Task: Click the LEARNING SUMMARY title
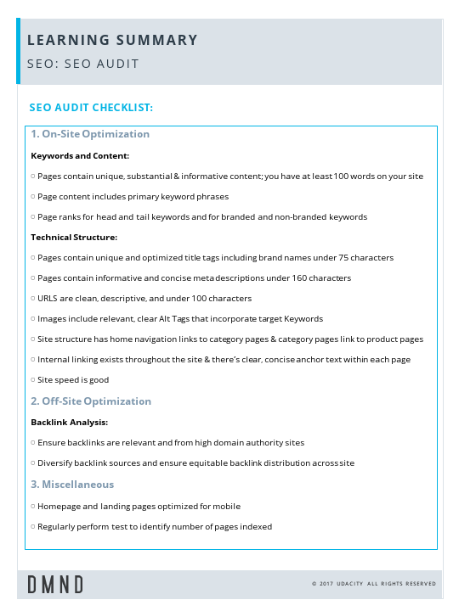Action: coord(112,40)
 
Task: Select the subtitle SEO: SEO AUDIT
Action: coord(82,64)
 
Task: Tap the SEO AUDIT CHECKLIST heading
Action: coord(91,108)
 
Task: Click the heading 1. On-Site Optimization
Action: coord(90,134)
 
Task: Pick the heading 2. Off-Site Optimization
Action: coord(91,401)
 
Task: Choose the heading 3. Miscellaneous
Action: coord(72,485)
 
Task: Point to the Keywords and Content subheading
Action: coord(80,156)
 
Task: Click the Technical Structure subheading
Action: coord(74,238)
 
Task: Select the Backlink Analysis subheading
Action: coord(70,422)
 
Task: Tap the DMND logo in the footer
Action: coord(55,584)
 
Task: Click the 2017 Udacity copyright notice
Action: coord(373,584)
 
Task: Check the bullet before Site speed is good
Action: coord(32,380)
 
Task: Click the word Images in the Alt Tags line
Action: coord(52,319)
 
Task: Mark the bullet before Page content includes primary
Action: coord(32,197)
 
